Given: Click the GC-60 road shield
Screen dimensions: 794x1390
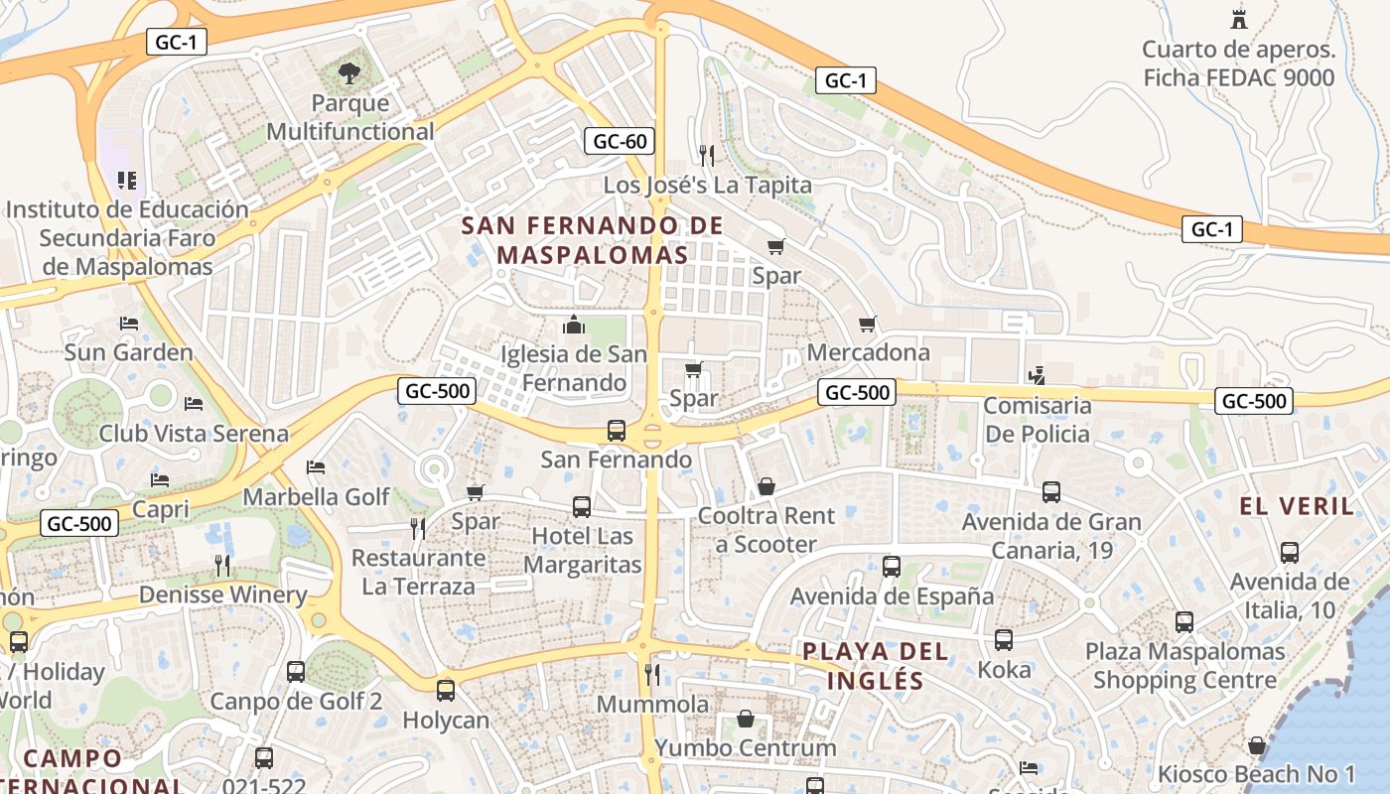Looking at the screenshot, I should click(x=620, y=141).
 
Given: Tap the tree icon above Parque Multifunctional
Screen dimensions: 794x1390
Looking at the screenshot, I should click(x=348, y=72).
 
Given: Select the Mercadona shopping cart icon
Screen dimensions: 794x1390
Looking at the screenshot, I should click(x=868, y=324).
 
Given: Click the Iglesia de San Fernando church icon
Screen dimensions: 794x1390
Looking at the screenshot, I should click(x=573, y=325).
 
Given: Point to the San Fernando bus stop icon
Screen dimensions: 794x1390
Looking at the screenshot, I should click(x=617, y=431).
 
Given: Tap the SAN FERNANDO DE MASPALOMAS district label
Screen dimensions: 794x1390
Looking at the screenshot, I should click(x=593, y=240).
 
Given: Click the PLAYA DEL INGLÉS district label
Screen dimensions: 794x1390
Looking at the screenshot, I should click(x=862, y=666).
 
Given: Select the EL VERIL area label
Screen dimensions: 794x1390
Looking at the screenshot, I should click(x=1296, y=506).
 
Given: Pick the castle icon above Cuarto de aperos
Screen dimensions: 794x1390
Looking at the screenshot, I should click(x=1238, y=19).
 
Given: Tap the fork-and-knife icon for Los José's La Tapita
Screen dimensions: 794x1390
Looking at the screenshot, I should click(x=706, y=155).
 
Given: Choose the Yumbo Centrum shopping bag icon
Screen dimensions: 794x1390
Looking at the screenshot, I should click(x=746, y=719).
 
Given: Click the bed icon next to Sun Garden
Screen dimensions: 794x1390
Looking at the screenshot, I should click(x=128, y=324).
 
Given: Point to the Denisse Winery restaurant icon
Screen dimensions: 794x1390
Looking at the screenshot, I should click(x=222, y=566).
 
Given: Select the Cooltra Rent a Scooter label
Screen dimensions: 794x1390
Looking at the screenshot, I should click(x=765, y=530).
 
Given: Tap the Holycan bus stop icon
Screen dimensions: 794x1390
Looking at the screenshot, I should click(x=446, y=690).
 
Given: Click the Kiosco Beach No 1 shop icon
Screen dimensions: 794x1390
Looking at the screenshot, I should click(x=1257, y=745).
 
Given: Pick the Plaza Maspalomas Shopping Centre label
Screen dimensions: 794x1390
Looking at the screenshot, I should click(x=1184, y=666).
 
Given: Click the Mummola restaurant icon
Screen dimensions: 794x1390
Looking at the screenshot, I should click(x=652, y=675).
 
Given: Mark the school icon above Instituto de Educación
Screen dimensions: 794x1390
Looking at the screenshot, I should click(x=126, y=180).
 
